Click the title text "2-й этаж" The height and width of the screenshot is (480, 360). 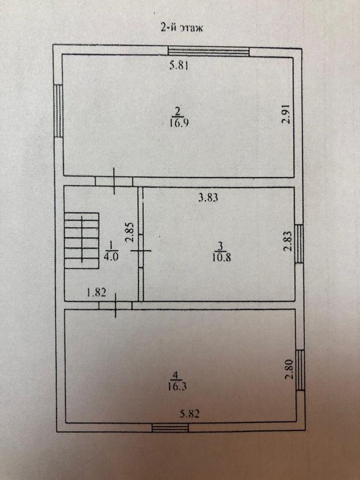(x=182, y=28)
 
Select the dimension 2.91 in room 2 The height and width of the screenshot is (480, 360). (x=286, y=115)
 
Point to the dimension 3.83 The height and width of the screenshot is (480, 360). (x=208, y=198)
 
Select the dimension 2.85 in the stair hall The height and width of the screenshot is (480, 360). (x=130, y=233)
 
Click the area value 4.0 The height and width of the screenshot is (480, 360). (x=110, y=257)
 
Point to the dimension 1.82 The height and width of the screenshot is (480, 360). (x=97, y=293)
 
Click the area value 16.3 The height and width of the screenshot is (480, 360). (x=177, y=386)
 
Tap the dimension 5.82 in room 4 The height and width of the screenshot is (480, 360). (x=190, y=414)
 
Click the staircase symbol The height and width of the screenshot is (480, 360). (x=82, y=241)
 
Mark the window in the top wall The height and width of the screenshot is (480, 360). (x=209, y=51)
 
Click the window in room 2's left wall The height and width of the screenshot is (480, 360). (x=58, y=110)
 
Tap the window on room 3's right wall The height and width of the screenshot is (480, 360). (x=299, y=244)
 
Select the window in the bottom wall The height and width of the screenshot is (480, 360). (x=170, y=428)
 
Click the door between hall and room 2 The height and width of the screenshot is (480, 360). (x=114, y=181)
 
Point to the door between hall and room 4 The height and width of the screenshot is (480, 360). (x=115, y=305)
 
